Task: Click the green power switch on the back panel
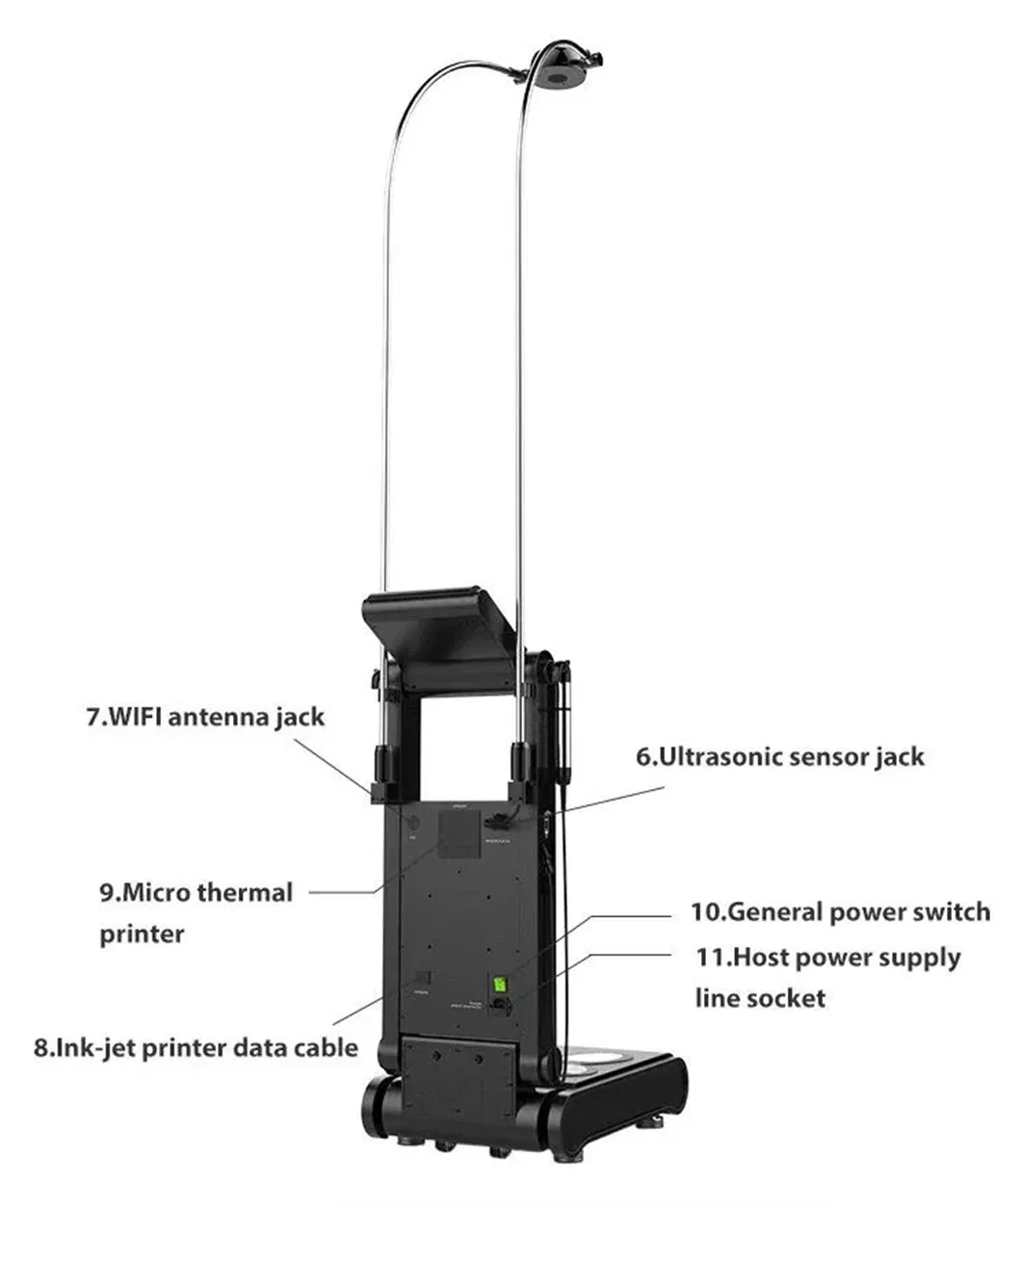(x=500, y=985)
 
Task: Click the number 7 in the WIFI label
(x=93, y=717)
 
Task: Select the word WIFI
(x=132, y=717)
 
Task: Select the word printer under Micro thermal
(x=141, y=934)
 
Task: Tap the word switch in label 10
(x=950, y=911)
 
